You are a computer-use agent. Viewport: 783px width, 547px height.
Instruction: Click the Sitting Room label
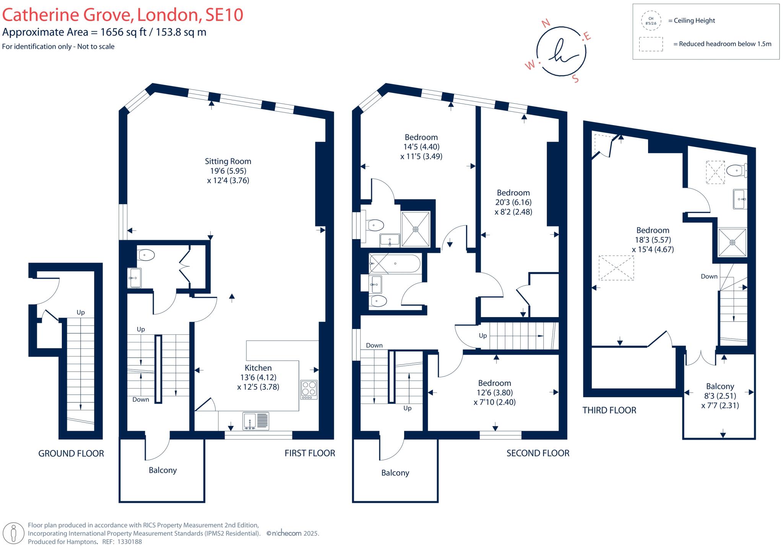[x=228, y=161]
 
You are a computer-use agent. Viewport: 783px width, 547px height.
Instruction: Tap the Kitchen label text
[x=258, y=368]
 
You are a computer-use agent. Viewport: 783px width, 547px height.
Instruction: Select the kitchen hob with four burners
[x=309, y=389]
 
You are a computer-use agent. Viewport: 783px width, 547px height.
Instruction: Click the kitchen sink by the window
[x=256, y=421]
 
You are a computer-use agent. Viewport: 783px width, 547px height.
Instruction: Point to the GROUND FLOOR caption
[x=71, y=454]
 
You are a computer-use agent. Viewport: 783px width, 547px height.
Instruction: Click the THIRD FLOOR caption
[x=609, y=410]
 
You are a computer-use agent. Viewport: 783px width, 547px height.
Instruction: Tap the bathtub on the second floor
[x=394, y=264]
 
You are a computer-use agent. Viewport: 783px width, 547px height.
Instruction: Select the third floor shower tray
[x=732, y=242]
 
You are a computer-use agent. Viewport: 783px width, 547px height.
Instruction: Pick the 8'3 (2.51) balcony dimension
[x=720, y=396]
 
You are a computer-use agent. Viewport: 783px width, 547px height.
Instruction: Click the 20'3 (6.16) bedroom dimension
[x=513, y=202]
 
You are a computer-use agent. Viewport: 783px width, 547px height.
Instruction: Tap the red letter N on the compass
[x=546, y=23]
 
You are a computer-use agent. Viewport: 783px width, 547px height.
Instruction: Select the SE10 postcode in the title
[x=224, y=15]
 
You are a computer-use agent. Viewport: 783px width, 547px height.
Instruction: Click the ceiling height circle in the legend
[x=651, y=21]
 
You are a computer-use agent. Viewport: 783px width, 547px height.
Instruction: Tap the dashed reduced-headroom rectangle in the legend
[x=651, y=44]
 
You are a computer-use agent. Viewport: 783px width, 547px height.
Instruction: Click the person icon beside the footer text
[x=14, y=533]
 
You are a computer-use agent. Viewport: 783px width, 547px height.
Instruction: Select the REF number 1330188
[x=129, y=542]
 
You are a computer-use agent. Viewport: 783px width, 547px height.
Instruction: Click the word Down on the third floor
[x=709, y=277]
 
